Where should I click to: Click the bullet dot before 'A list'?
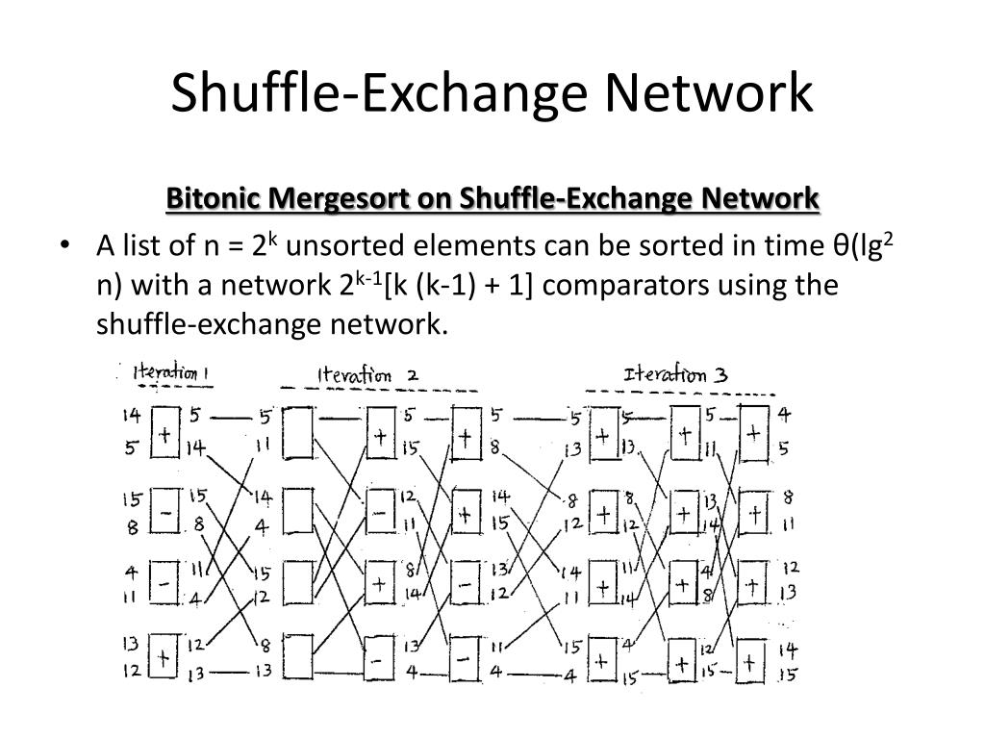(65, 246)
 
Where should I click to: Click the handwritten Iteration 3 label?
(675, 374)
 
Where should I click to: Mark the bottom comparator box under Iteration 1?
(164, 657)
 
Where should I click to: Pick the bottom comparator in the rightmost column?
(753, 660)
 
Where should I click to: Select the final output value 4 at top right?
(785, 416)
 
